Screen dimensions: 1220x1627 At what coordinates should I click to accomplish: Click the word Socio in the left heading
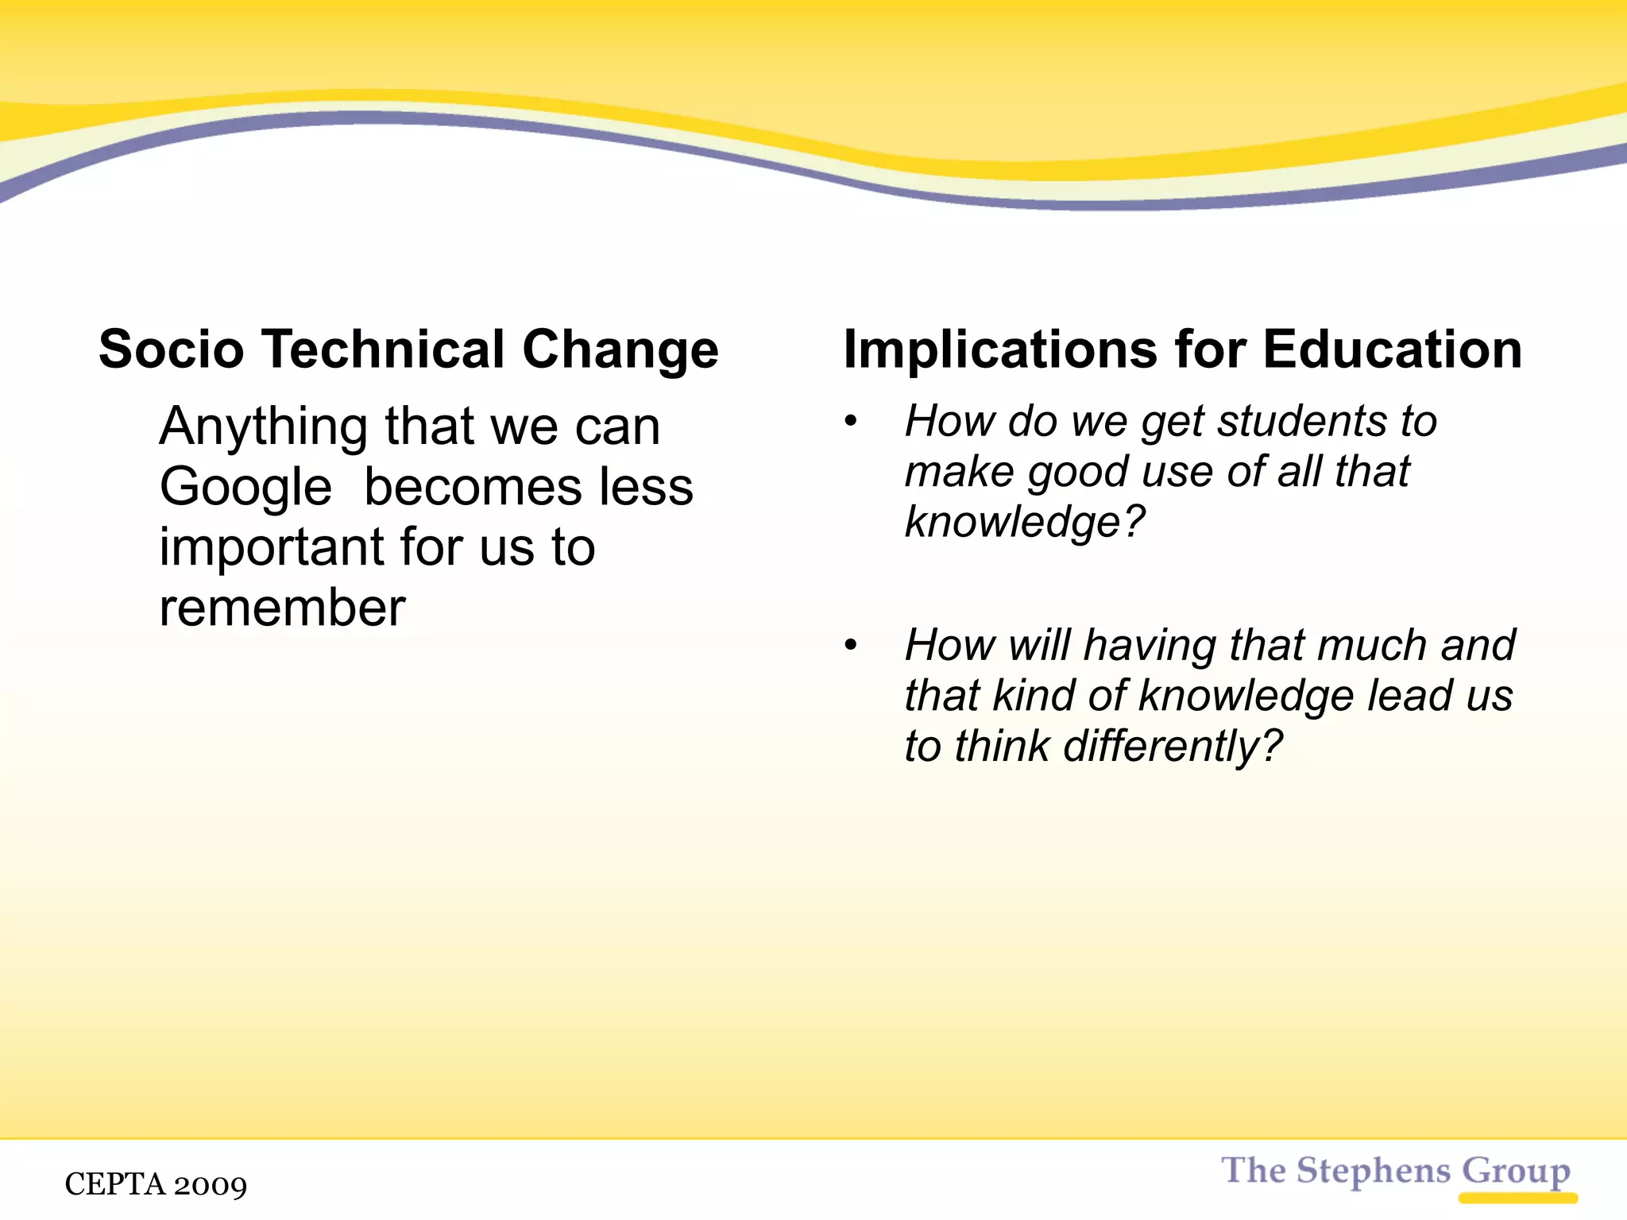coord(171,349)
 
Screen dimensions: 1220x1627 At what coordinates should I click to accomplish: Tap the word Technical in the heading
coord(383,349)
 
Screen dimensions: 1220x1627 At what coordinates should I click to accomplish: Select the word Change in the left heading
coord(620,351)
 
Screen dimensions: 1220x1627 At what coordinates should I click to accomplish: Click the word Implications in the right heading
coord(1000,351)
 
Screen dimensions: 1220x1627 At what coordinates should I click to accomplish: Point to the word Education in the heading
coord(1392,349)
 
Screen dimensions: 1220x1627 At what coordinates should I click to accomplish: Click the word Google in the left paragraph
coord(245,488)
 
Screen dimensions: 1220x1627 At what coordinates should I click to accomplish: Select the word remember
coord(282,608)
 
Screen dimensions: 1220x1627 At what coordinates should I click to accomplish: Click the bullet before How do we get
coord(851,421)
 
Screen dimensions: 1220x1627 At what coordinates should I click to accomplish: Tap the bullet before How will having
coord(851,645)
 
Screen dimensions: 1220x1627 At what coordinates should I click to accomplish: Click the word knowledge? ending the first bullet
coord(1025,523)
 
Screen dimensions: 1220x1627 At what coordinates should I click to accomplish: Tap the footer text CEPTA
coord(114,1184)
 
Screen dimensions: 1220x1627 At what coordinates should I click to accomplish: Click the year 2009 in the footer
coord(211,1185)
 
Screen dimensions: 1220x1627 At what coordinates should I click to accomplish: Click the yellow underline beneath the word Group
coord(1517,1198)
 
